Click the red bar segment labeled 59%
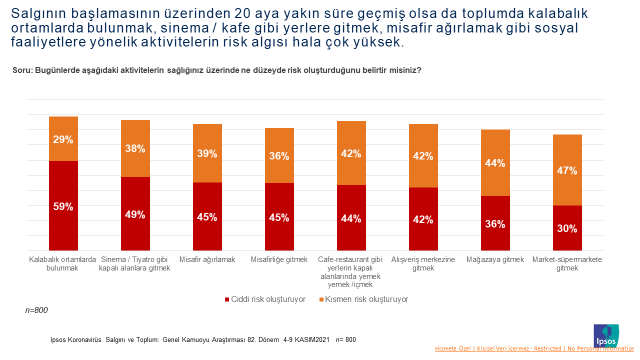(63, 205)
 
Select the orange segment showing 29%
(63, 139)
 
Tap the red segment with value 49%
(135, 213)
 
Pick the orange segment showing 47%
(567, 170)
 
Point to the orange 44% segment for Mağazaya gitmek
(495, 163)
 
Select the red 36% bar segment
(495, 223)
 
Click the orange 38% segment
(135, 149)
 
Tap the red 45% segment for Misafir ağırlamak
(207, 216)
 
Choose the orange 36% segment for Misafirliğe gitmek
(279, 156)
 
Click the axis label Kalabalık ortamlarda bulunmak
(63, 263)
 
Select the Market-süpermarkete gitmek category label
(567, 263)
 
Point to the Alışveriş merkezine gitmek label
(423, 263)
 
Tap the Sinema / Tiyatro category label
(135, 263)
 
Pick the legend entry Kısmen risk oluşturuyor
(366, 298)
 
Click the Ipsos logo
(607, 334)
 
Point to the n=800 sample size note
(36, 311)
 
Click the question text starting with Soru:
(216, 70)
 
